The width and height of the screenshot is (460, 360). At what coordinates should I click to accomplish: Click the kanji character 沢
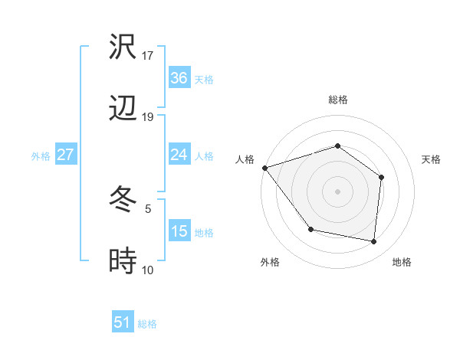tap(123, 47)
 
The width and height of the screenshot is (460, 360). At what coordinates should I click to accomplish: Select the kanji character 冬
tap(123, 201)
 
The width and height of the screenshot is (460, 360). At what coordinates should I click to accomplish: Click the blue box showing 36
tap(179, 78)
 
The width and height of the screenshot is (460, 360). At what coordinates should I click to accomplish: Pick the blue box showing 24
tap(179, 155)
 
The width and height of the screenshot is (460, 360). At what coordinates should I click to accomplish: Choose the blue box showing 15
tap(179, 232)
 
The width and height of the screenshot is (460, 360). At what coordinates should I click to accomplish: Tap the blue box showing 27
tap(65, 155)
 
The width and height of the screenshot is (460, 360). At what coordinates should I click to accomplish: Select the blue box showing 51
tap(123, 323)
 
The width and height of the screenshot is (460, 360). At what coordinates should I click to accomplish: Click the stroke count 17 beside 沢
tap(148, 55)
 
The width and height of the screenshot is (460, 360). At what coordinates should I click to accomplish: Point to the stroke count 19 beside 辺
tap(148, 117)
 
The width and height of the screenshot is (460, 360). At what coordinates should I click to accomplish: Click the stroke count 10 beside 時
tap(148, 270)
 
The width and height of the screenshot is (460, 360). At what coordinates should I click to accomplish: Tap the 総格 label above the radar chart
tap(337, 100)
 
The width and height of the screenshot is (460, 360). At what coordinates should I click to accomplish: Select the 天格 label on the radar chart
tap(431, 159)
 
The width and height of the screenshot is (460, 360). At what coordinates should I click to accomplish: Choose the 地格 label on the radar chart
tap(402, 263)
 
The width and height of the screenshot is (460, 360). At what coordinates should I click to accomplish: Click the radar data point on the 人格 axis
tap(264, 168)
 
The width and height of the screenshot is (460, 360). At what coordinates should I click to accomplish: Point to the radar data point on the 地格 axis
tap(374, 242)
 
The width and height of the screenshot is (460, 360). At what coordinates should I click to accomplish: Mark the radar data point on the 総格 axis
tap(337, 146)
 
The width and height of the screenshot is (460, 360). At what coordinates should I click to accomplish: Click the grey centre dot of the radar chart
tap(337, 191)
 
